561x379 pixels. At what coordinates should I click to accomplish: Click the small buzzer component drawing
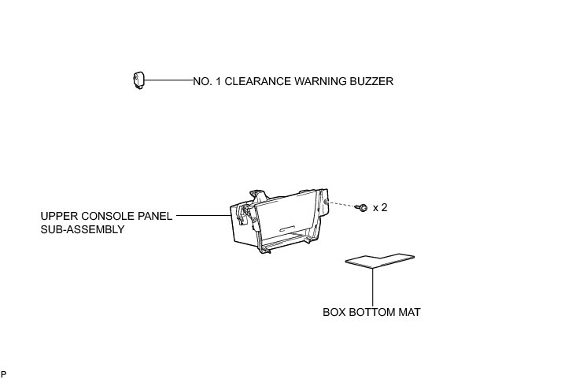138,80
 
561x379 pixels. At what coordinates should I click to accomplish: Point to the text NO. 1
207,81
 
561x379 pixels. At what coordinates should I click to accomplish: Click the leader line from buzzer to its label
168,80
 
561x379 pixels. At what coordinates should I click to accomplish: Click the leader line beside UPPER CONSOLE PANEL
203,215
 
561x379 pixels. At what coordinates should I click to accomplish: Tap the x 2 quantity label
380,208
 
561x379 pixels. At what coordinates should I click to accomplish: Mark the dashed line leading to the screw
341,204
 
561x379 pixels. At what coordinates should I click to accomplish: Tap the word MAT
410,312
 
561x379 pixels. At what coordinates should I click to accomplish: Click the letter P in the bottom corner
4,373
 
